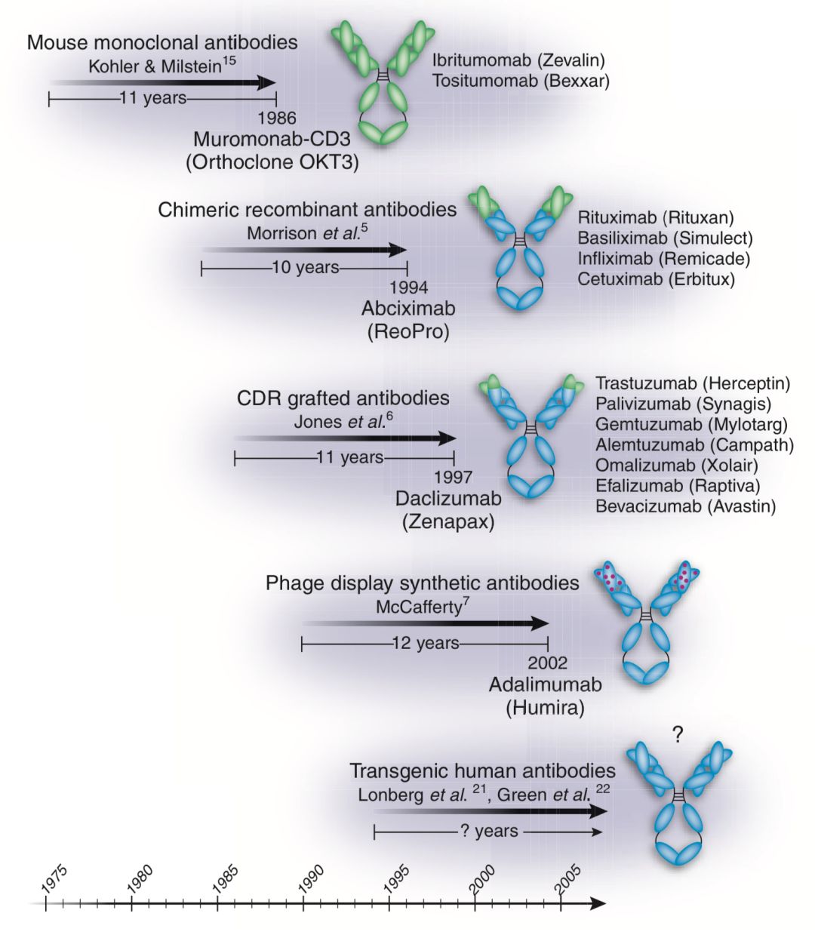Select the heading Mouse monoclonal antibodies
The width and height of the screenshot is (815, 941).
point(162,42)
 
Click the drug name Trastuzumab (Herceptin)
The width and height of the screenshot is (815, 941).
point(692,383)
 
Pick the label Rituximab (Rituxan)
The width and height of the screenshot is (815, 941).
point(656,218)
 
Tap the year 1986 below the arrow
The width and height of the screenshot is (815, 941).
point(276,118)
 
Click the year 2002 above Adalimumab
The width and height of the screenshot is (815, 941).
point(547,664)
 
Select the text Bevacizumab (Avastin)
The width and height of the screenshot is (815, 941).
point(685,506)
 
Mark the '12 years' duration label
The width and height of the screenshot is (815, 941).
point(425,644)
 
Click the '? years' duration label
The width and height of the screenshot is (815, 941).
point(488,832)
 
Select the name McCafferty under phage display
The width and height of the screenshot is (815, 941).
point(418,607)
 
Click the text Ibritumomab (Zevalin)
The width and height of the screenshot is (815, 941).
point(518,60)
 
